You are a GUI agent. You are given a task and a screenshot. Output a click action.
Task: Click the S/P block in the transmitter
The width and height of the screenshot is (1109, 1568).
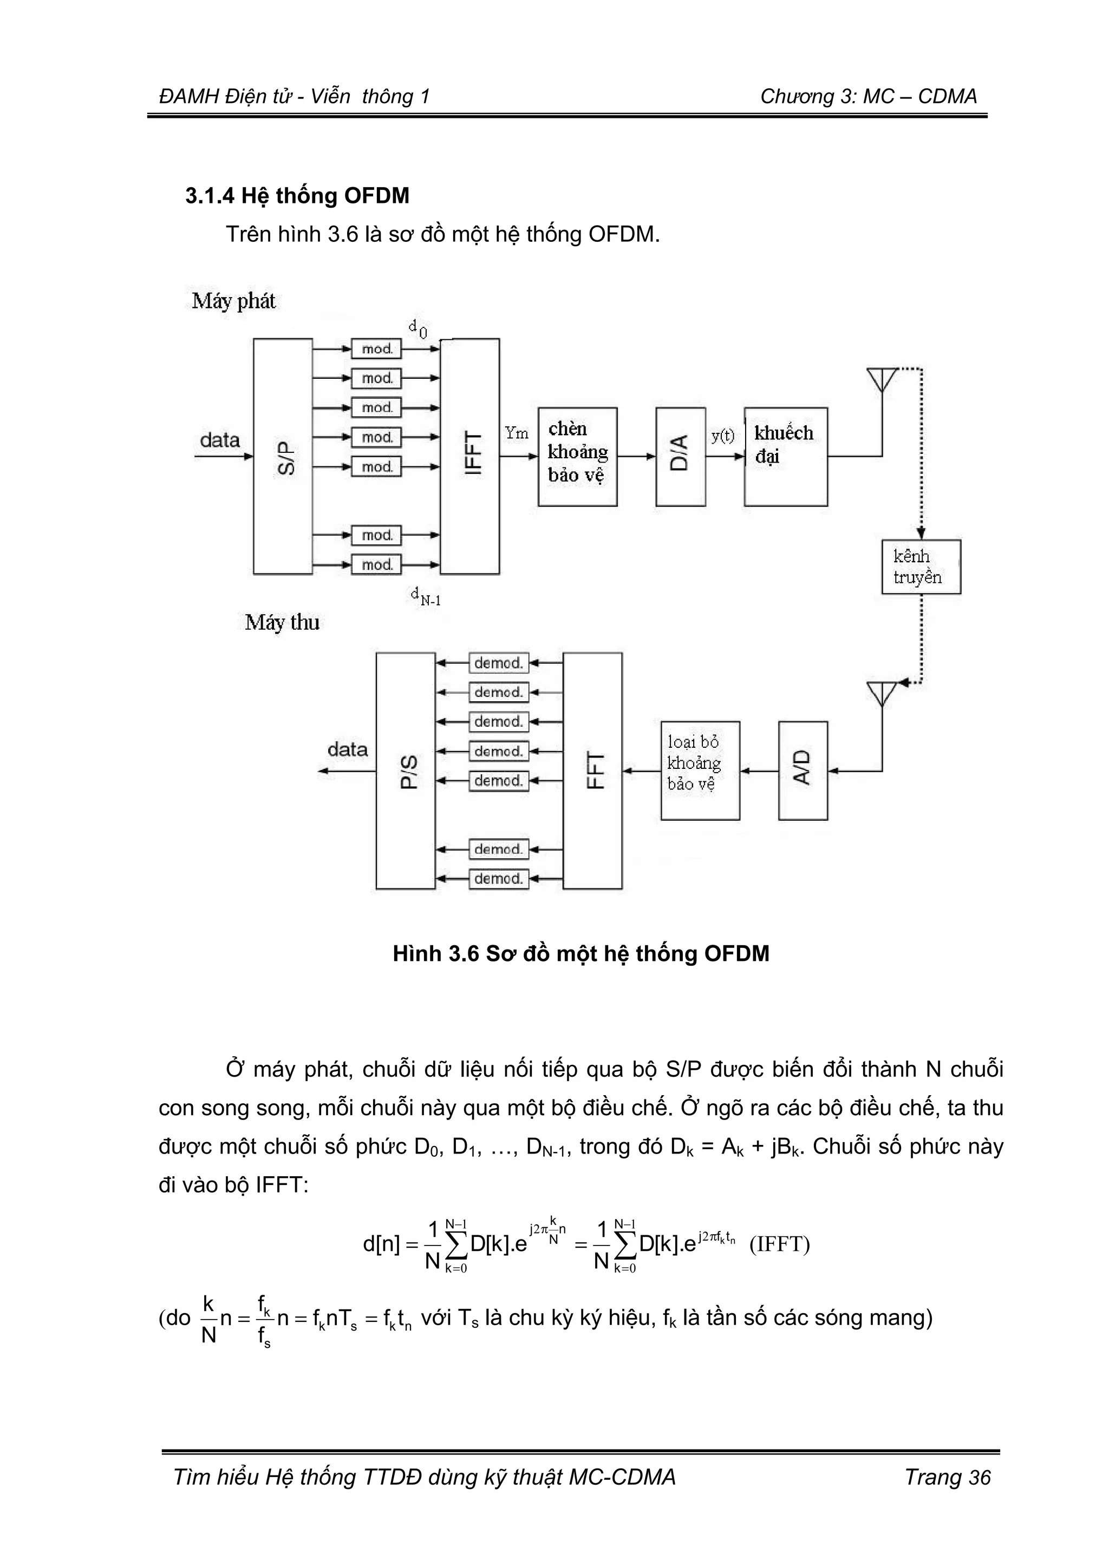283,456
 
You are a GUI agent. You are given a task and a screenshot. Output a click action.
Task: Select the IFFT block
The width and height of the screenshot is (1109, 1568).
469,456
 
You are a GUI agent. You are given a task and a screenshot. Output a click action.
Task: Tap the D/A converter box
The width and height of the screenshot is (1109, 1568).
680,456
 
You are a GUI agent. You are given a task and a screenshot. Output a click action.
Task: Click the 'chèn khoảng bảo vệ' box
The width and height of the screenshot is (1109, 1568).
577,456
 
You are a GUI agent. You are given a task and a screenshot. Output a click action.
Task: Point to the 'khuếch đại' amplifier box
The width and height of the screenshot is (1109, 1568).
785,456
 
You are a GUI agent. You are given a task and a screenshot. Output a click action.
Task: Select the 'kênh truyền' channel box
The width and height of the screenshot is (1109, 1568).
921,567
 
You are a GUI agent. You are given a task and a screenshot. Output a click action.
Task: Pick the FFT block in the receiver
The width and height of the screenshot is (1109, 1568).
592,770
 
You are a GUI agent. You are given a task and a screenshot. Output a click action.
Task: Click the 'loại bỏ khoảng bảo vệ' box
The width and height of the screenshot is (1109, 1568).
700,770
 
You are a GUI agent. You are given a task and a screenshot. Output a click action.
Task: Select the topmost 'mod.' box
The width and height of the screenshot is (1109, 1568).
376,349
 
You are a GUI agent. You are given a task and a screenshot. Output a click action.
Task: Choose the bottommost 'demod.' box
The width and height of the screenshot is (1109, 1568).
499,878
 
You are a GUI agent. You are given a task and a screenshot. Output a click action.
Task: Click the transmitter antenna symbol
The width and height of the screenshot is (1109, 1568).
882,380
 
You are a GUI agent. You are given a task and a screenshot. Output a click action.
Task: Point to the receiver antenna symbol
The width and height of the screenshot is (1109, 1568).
882,693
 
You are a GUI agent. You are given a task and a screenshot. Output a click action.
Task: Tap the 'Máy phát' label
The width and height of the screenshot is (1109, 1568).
234,301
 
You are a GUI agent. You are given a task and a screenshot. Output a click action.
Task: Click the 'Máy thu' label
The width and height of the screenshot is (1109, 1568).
282,622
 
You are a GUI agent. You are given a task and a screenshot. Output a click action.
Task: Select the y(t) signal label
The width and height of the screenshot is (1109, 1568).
722,436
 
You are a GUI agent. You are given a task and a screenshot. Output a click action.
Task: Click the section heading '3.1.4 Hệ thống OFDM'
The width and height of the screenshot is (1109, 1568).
297,196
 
